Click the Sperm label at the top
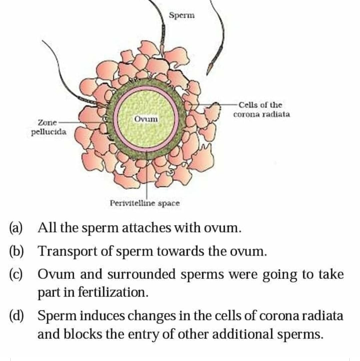pos(182,16)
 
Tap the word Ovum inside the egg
pos(146,119)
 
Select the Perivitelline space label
pos(145,203)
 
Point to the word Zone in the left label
pos(47,122)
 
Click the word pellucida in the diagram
pos(49,132)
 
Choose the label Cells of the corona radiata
pos(262,110)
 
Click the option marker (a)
pos(16,228)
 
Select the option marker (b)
pos(16,251)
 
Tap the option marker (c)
pos(16,274)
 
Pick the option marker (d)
pos(16,315)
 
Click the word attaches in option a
pos(146,228)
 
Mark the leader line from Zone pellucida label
pos(81,123)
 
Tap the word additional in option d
pos(243,334)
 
